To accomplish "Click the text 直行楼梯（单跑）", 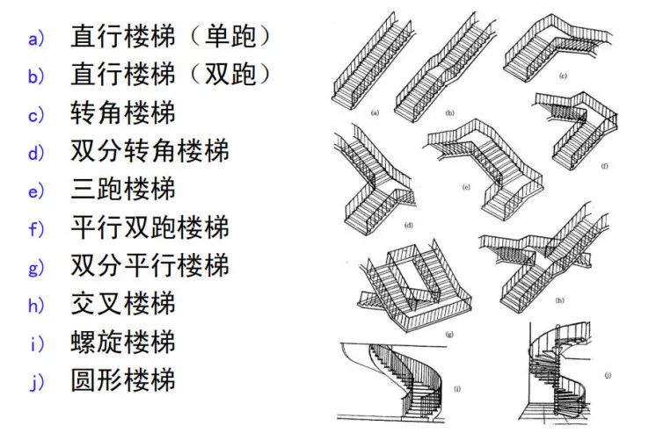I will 171,37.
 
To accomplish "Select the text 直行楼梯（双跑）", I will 171,75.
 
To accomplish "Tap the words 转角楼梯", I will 123,112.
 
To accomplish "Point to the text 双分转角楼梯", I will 150,151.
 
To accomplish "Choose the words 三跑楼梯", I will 123,189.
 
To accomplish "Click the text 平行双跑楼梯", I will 150,227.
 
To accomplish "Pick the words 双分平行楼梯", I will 150,265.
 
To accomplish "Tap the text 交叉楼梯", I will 123,304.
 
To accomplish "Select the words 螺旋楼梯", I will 123,342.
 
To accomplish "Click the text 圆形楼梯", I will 123,380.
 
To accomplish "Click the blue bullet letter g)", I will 36,267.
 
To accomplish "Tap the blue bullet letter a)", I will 36,38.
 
